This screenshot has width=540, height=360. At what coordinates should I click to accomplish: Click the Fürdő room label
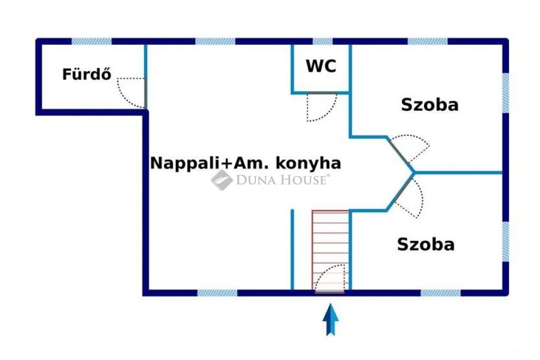87,74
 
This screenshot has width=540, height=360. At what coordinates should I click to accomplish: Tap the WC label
321,66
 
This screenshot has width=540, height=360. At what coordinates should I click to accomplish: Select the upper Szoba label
430,105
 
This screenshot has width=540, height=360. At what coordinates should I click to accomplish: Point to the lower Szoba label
426,245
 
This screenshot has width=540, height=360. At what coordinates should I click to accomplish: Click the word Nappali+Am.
209,163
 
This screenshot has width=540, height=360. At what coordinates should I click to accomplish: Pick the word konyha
308,163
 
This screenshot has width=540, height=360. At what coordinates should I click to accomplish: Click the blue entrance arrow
331,319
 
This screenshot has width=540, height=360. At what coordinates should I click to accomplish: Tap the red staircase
331,250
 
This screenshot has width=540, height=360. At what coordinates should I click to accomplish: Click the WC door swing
322,107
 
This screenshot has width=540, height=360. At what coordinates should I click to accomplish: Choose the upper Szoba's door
409,149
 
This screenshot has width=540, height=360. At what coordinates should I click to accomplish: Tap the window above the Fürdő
92,41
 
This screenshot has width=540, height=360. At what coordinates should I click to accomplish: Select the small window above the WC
323,41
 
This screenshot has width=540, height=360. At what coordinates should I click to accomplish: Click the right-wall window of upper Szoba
505,93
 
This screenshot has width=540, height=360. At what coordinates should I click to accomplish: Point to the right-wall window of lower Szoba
505,241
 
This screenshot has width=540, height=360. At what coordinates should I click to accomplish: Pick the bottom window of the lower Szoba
440,293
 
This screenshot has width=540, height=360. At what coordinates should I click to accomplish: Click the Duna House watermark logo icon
222,180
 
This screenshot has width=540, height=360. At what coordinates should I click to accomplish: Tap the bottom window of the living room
217,293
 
